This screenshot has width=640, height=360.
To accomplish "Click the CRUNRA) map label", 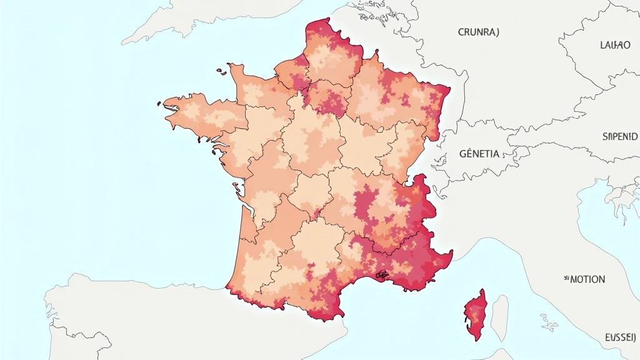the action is click(478, 32).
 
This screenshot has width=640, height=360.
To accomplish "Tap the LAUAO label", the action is click(614, 44).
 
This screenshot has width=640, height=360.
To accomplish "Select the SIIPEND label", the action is click(619, 136).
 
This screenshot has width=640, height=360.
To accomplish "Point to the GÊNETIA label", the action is click(479, 153).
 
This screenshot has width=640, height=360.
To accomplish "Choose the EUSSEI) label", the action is click(620, 337).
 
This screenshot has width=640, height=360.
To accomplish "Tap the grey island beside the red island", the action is click(499, 316).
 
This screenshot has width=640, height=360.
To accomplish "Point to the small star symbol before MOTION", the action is click(566, 276).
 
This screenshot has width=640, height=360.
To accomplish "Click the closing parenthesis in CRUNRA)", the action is click(497, 32).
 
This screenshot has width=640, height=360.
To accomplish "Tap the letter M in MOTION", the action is click(573, 279).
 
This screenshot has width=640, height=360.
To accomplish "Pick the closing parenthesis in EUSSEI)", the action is click(635, 337).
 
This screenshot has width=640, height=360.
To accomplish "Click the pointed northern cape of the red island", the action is click(482, 291).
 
